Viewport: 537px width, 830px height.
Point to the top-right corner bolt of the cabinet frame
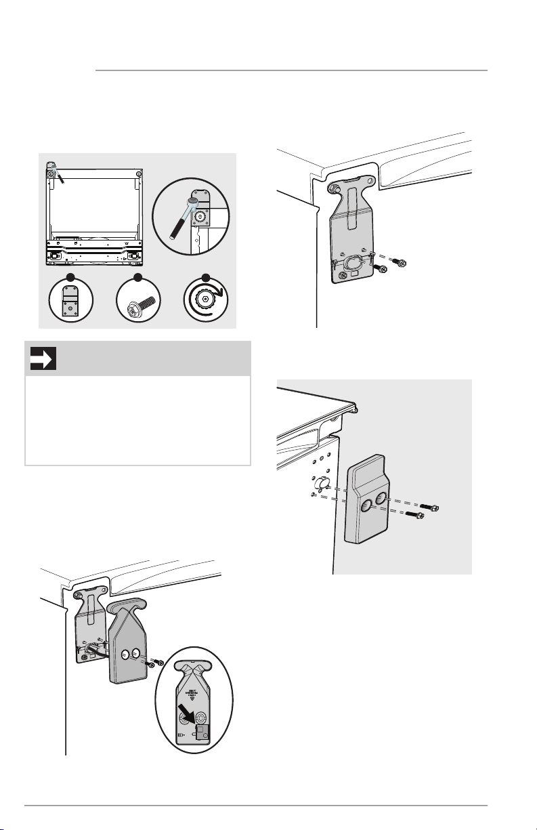pos(138,174)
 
